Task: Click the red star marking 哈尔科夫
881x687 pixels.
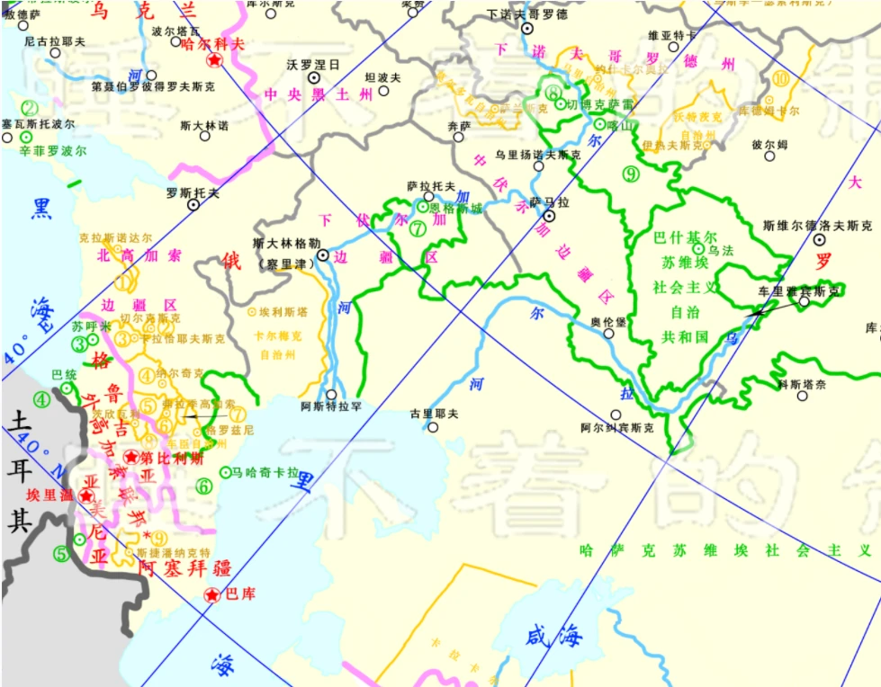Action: [214, 60]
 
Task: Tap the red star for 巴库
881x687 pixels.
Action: [211, 594]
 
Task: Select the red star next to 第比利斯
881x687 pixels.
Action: [132, 458]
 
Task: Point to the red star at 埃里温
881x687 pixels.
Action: [86, 495]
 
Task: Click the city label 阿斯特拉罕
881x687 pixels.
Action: [331, 406]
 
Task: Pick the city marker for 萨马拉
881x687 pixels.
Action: [549, 217]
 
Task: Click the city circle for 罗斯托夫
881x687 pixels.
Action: [193, 205]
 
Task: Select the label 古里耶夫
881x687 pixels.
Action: [434, 414]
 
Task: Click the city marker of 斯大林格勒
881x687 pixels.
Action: [323, 254]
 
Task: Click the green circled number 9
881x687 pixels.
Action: [630, 174]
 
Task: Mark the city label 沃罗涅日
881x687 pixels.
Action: [313, 65]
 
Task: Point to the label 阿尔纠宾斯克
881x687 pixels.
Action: [616, 428]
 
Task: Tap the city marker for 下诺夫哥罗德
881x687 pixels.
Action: [528, 29]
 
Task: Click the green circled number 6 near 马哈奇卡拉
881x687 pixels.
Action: [204, 486]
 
